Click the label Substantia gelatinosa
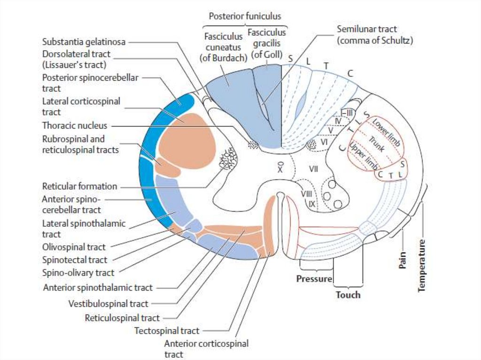pyautogui.click(x=84, y=42)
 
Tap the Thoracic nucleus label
pyautogui.click(x=75, y=126)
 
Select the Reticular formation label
pyautogui.click(x=79, y=186)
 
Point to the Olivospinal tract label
pyautogui.click(x=74, y=247)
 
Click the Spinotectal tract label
pyautogui.click(x=75, y=260)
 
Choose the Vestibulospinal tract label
pyautogui.click(x=108, y=304)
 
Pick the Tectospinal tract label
pyautogui.click(x=167, y=331)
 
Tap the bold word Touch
pyautogui.click(x=348, y=295)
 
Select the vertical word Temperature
pyautogui.click(x=422, y=266)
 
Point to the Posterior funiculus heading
pyautogui.click(x=245, y=16)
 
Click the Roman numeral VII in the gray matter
pyautogui.click(x=313, y=168)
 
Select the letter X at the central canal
pyautogui.click(x=280, y=169)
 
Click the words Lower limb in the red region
pyautogui.click(x=387, y=133)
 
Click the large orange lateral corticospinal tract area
pyautogui.click(x=186, y=141)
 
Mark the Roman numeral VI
pyautogui.click(x=325, y=141)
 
